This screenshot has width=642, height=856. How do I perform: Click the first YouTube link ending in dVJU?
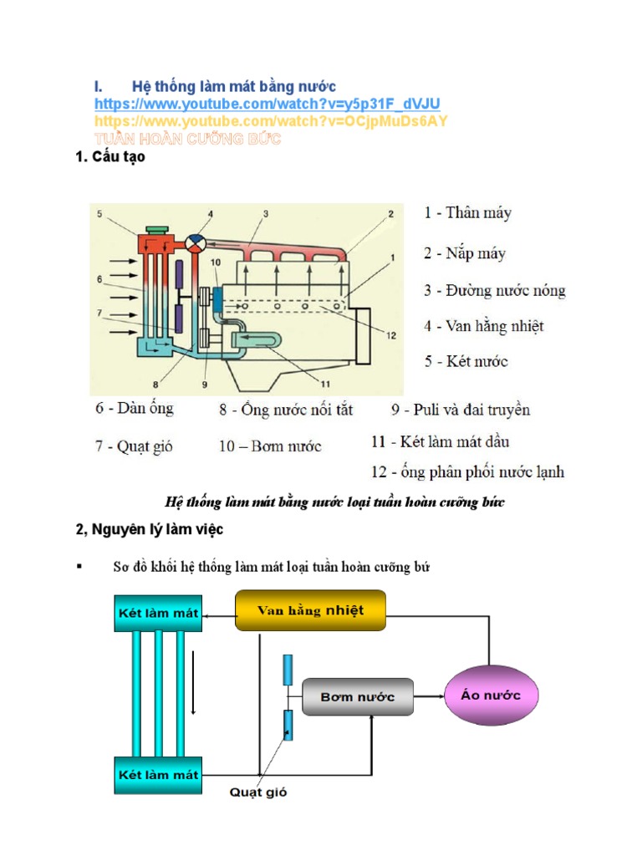pyautogui.click(x=267, y=104)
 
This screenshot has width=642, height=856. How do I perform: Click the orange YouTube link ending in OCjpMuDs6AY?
pyautogui.click(x=271, y=121)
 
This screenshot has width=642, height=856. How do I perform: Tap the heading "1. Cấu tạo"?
pyautogui.click(x=110, y=156)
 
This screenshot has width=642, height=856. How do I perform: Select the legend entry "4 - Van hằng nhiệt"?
pyautogui.click(x=484, y=326)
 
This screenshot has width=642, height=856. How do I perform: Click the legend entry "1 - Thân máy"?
pyautogui.click(x=467, y=212)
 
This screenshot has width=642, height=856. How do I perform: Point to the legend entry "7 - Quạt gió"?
pyautogui.click(x=133, y=446)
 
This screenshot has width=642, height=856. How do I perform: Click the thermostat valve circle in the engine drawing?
pyautogui.click(x=196, y=241)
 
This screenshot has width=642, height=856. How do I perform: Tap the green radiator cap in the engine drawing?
pyautogui.click(x=156, y=228)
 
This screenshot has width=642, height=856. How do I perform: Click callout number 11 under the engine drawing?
pyautogui.click(x=325, y=385)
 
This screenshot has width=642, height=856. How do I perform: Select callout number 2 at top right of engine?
pyautogui.click(x=390, y=215)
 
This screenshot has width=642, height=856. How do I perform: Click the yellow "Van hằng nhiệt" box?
pyautogui.click(x=311, y=610)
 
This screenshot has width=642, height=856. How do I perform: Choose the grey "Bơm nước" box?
pyautogui.click(x=358, y=696)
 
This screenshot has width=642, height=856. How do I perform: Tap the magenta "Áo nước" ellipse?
pyautogui.click(x=491, y=695)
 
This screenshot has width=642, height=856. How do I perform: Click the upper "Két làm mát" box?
pyautogui.click(x=156, y=613)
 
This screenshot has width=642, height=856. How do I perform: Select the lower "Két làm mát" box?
pyautogui.click(x=156, y=775)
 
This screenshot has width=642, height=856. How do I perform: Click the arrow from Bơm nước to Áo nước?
pyautogui.click(x=428, y=695)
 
